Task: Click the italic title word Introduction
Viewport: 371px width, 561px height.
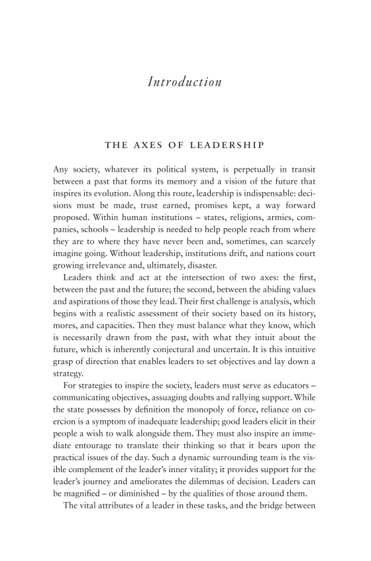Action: [185, 82]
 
